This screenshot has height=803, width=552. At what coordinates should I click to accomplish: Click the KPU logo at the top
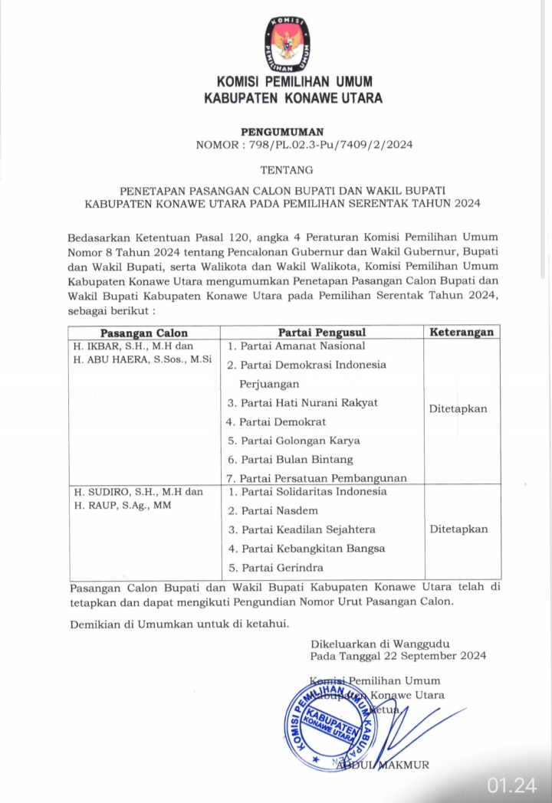pos(288,44)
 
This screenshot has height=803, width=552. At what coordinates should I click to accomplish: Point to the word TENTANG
pos(287,169)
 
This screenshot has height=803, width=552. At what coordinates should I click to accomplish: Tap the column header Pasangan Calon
pos(144,333)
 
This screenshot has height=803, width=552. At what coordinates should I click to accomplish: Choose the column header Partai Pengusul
pos(321,333)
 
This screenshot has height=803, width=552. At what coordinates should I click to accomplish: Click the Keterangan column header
pos(462,333)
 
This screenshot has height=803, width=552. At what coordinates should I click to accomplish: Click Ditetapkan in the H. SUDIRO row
pos(458,529)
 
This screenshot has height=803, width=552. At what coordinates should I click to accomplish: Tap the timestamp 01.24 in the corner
pos(513,785)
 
